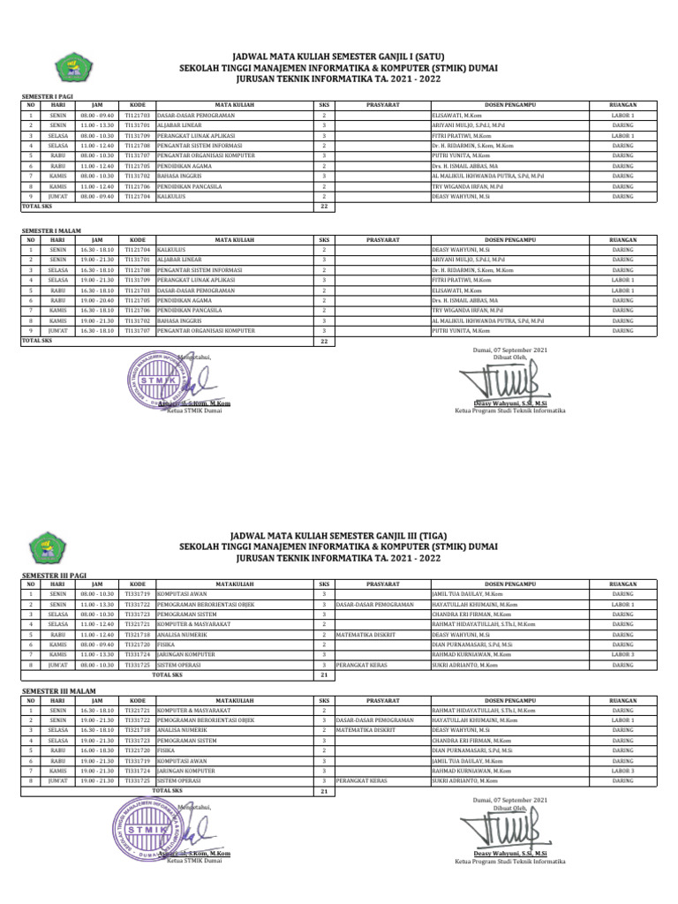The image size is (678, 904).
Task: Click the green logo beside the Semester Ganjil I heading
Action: pyautogui.click(x=64, y=64)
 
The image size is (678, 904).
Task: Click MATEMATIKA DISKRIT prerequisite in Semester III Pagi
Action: pyautogui.click(x=365, y=634)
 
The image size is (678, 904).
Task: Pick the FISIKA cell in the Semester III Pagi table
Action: pyautogui.click(x=165, y=644)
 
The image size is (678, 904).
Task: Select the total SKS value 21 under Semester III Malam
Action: pyautogui.click(x=323, y=791)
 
